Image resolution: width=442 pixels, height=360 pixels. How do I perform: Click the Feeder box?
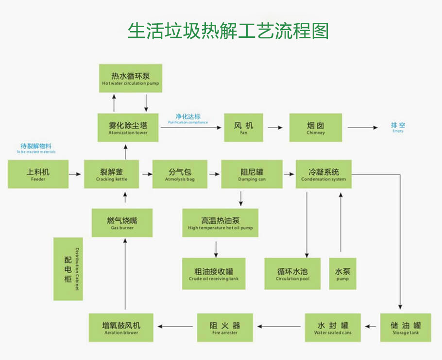pos(38,174)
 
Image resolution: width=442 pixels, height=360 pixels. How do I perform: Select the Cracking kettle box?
pos(112,174)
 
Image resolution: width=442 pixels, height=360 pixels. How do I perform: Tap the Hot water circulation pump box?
pos(130,79)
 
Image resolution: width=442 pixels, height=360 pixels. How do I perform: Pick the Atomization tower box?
pos(128,128)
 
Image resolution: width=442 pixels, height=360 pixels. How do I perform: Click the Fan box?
pos(243,128)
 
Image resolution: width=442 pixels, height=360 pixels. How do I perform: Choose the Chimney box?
pos(316,128)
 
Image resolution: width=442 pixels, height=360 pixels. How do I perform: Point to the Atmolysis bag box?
pos(180,174)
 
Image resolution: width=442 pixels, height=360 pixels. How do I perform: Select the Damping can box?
pos(252,174)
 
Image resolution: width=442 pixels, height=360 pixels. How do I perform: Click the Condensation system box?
pos(323,174)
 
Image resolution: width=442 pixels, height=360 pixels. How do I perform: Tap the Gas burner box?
pos(122,223)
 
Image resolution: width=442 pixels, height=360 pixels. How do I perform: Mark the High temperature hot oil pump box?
pos(220,223)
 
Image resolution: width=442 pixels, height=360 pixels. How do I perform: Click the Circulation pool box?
pos(292,274)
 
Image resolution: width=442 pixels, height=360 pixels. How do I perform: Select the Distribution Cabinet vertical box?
pos(68,269)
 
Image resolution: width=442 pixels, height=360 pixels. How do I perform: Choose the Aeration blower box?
pos(121,327)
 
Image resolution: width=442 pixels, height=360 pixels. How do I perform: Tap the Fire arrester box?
pos(224,327)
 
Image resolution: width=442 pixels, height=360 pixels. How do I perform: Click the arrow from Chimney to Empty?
pos(362,128)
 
